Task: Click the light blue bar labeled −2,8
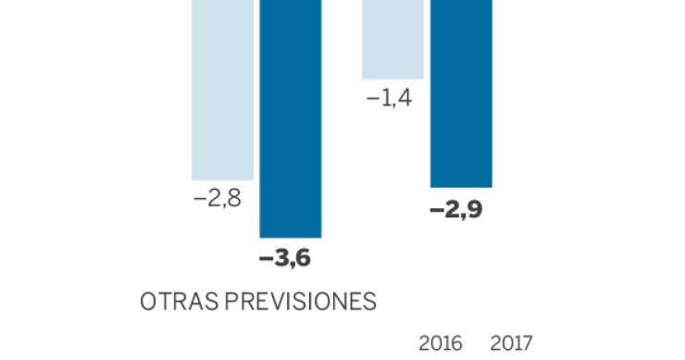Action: [x=222, y=89]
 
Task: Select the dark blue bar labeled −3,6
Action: [x=290, y=118]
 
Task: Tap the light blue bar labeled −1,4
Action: [x=392, y=40]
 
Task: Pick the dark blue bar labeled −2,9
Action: [x=461, y=93]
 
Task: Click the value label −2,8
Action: [x=218, y=199]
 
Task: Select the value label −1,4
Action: [x=389, y=98]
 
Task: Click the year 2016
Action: [x=442, y=343]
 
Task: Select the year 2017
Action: [x=510, y=343]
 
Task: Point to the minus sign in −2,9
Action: [x=437, y=209]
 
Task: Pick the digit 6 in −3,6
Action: [x=302, y=259]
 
